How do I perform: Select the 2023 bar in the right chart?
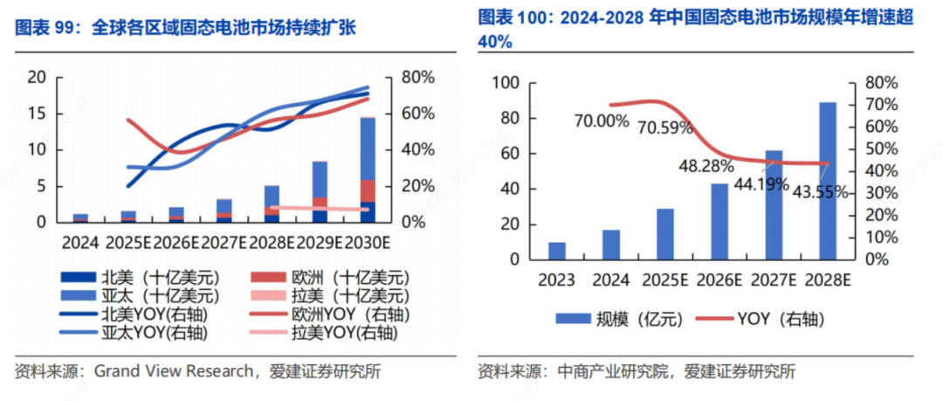[556, 251]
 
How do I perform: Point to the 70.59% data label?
[665, 128]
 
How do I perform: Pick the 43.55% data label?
[820, 191]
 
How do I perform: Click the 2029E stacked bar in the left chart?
[320, 191]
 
